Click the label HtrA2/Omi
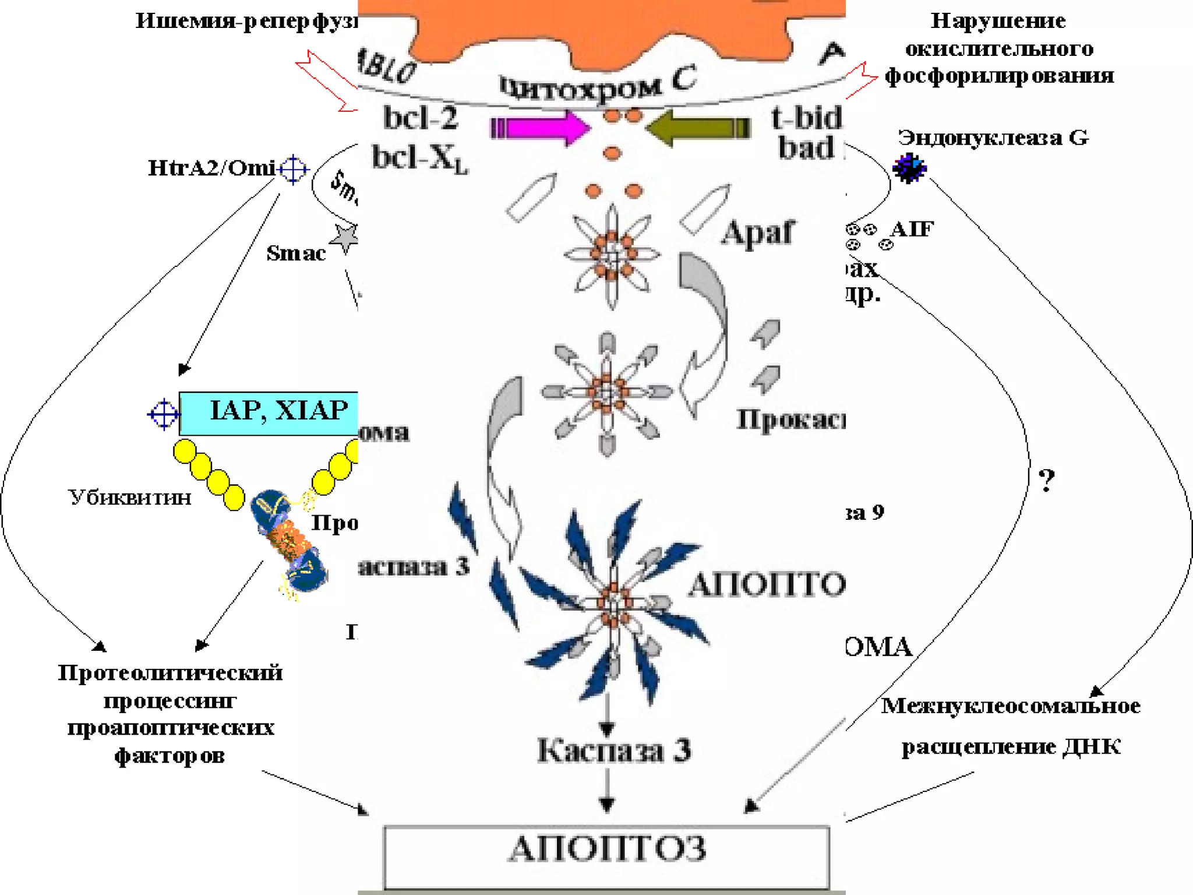pyautogui.click(x=211, y=168)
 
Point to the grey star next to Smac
pyautogui.click(x=345, y=237)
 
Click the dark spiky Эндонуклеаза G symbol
pyautogui.click(x=909, y=168)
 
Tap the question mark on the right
pyautogui.click(x=1047, y=481)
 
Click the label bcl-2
pyautogui.click(x=421, y=118)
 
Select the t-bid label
pyautogui.click(x=807, y=118)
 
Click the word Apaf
pyautogui.click(x=757, y=233)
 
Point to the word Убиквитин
pyautogui.click(x=130, y=498)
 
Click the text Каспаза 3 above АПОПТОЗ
pyautogui.click(x=614, y=750)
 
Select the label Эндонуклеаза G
pyautogui.click(x=993, y=138)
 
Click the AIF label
pyautogui.click(x=912, y=229)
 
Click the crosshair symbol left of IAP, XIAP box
pyautogui.click(x=164, y=414)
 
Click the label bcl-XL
pyautogui.click(x=419, y=157)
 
